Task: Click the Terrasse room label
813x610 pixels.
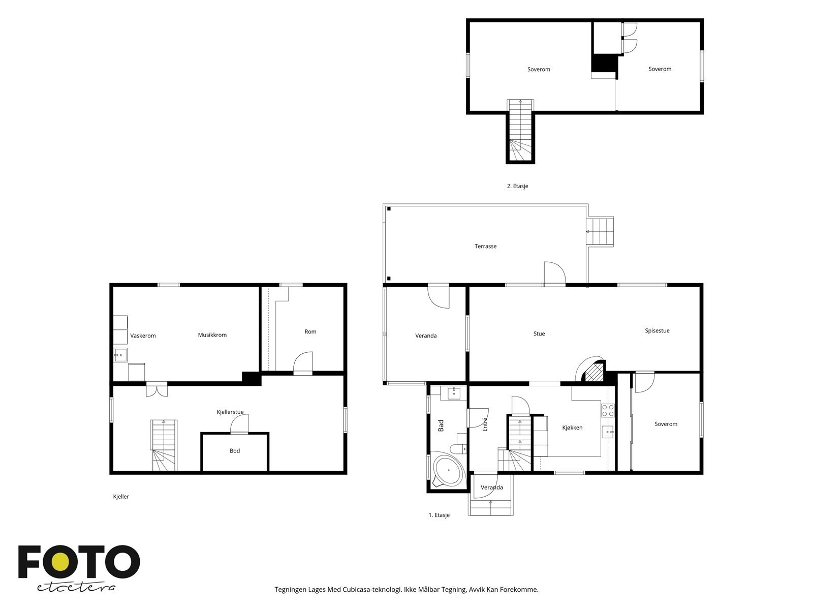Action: pyautogui.click(x=485, y=247)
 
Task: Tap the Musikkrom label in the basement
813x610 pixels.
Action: pyautogui.click(x=212, y=335)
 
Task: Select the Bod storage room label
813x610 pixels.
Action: pyautogui.click(x=234, y=451)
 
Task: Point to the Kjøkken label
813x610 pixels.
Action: pyautogui.click(x=572, y=428)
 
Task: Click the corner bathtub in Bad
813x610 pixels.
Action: pyautogui.click(x=448, y=470)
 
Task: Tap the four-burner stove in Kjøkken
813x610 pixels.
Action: pyautogui.click(x=608, y=410)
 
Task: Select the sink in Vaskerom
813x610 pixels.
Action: pyautogui.click(x=120, y=355)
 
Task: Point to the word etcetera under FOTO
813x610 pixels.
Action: pyautogui.click(x=76, y=587)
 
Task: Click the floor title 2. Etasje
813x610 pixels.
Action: pyautogui.click(x=517, y=186)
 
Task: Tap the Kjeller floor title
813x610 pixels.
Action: pyautogui.click(x=121, y=497)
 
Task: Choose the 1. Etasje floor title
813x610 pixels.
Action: pyautogui.click(x=439, y=515)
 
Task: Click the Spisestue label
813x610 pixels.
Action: pyautogui.click(x=657, y=331)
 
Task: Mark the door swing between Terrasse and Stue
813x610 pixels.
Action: pyautogui.click(x=554, y=273)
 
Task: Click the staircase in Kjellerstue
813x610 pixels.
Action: pyautogui.click(x=164, y=446)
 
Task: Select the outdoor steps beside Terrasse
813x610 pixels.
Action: pyautogui.click(x=600, y=232)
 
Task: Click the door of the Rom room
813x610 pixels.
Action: pyautogui.click(x=303, y=363)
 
